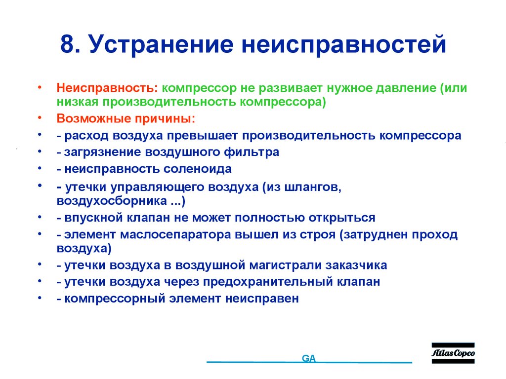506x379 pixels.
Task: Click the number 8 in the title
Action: [68, 45]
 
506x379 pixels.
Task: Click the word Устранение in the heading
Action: [160, 45]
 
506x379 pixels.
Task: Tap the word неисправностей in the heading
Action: [344, 45]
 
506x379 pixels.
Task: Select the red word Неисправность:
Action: [107, 88]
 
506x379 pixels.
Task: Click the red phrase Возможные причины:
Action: [126, 119]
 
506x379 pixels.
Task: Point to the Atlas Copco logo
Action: [453, 353]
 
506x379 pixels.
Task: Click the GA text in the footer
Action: [309, 359]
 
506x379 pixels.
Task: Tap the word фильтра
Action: [255, 152]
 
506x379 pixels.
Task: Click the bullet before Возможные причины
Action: [39, 119]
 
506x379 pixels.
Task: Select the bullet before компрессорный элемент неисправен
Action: [39, 299]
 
